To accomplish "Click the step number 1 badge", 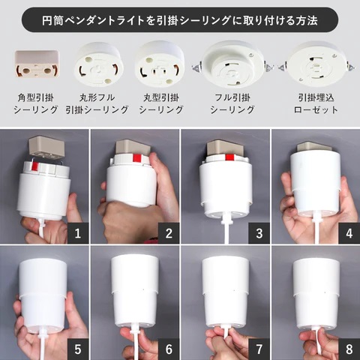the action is [x=78, y=233].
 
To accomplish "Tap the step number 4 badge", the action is [x=349, y=233].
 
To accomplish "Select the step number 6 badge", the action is [x=169, y=349].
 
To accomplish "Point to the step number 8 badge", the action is [x=349, y=349].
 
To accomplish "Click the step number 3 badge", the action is [x=259, y=233].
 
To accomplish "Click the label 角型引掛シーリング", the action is [x=36, y=103].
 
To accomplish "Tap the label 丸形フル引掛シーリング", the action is [x=97, y=103].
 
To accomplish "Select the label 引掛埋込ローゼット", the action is [x=316, y=103].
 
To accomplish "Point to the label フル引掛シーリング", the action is [x=232, y=103].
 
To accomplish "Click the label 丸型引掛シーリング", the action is [x=161, y=103].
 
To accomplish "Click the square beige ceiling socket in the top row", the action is [x=37, y=64].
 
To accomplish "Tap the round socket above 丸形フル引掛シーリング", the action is [x=98, y=64].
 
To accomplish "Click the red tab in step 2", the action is [x=136, y=158].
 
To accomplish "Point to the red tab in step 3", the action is [x=229, y=157].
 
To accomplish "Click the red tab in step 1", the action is [x=34, y=166].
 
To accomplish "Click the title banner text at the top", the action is [x=180, y=20].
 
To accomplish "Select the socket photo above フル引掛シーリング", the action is [x=232, y=65].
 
